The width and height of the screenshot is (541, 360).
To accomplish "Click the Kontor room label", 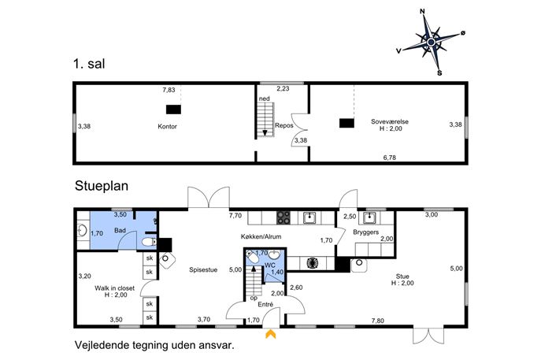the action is pos(167,126).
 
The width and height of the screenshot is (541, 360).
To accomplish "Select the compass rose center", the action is pos(431,42).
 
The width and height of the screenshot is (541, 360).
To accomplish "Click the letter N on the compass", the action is pos(422,12).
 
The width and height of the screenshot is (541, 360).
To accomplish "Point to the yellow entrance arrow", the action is pos(271,334).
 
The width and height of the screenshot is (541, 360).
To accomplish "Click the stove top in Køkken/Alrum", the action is pos(283,217).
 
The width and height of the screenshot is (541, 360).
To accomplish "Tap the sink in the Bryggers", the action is pos(369,218).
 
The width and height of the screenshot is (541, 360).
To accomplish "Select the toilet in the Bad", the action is pos(149,242).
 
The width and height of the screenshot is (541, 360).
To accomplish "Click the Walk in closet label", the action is pos(114,288).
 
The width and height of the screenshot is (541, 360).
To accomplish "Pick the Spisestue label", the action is pos(203,270).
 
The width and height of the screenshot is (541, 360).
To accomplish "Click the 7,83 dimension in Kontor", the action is pos(169,90).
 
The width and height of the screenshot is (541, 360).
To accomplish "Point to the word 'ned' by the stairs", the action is pos(265,98).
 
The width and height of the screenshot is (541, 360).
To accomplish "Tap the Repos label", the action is pos(284,125).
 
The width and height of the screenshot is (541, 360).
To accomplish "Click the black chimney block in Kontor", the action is pos(173,109).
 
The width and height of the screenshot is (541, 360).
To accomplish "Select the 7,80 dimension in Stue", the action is pos(378,321).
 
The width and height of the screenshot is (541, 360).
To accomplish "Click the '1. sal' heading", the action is pos(89,64).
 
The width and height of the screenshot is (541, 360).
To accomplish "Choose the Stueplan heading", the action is pos(102,186).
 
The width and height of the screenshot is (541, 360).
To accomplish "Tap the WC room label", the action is pos(270,265).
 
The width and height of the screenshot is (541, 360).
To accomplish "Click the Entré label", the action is pos(265,304).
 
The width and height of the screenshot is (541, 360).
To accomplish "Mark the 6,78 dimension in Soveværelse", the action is pos(390,158).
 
